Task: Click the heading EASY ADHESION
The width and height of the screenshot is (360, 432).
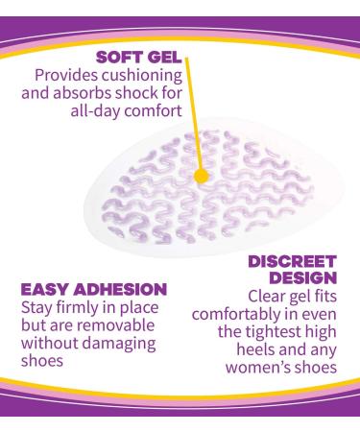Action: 93,288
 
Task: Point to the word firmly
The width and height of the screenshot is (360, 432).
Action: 80,307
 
